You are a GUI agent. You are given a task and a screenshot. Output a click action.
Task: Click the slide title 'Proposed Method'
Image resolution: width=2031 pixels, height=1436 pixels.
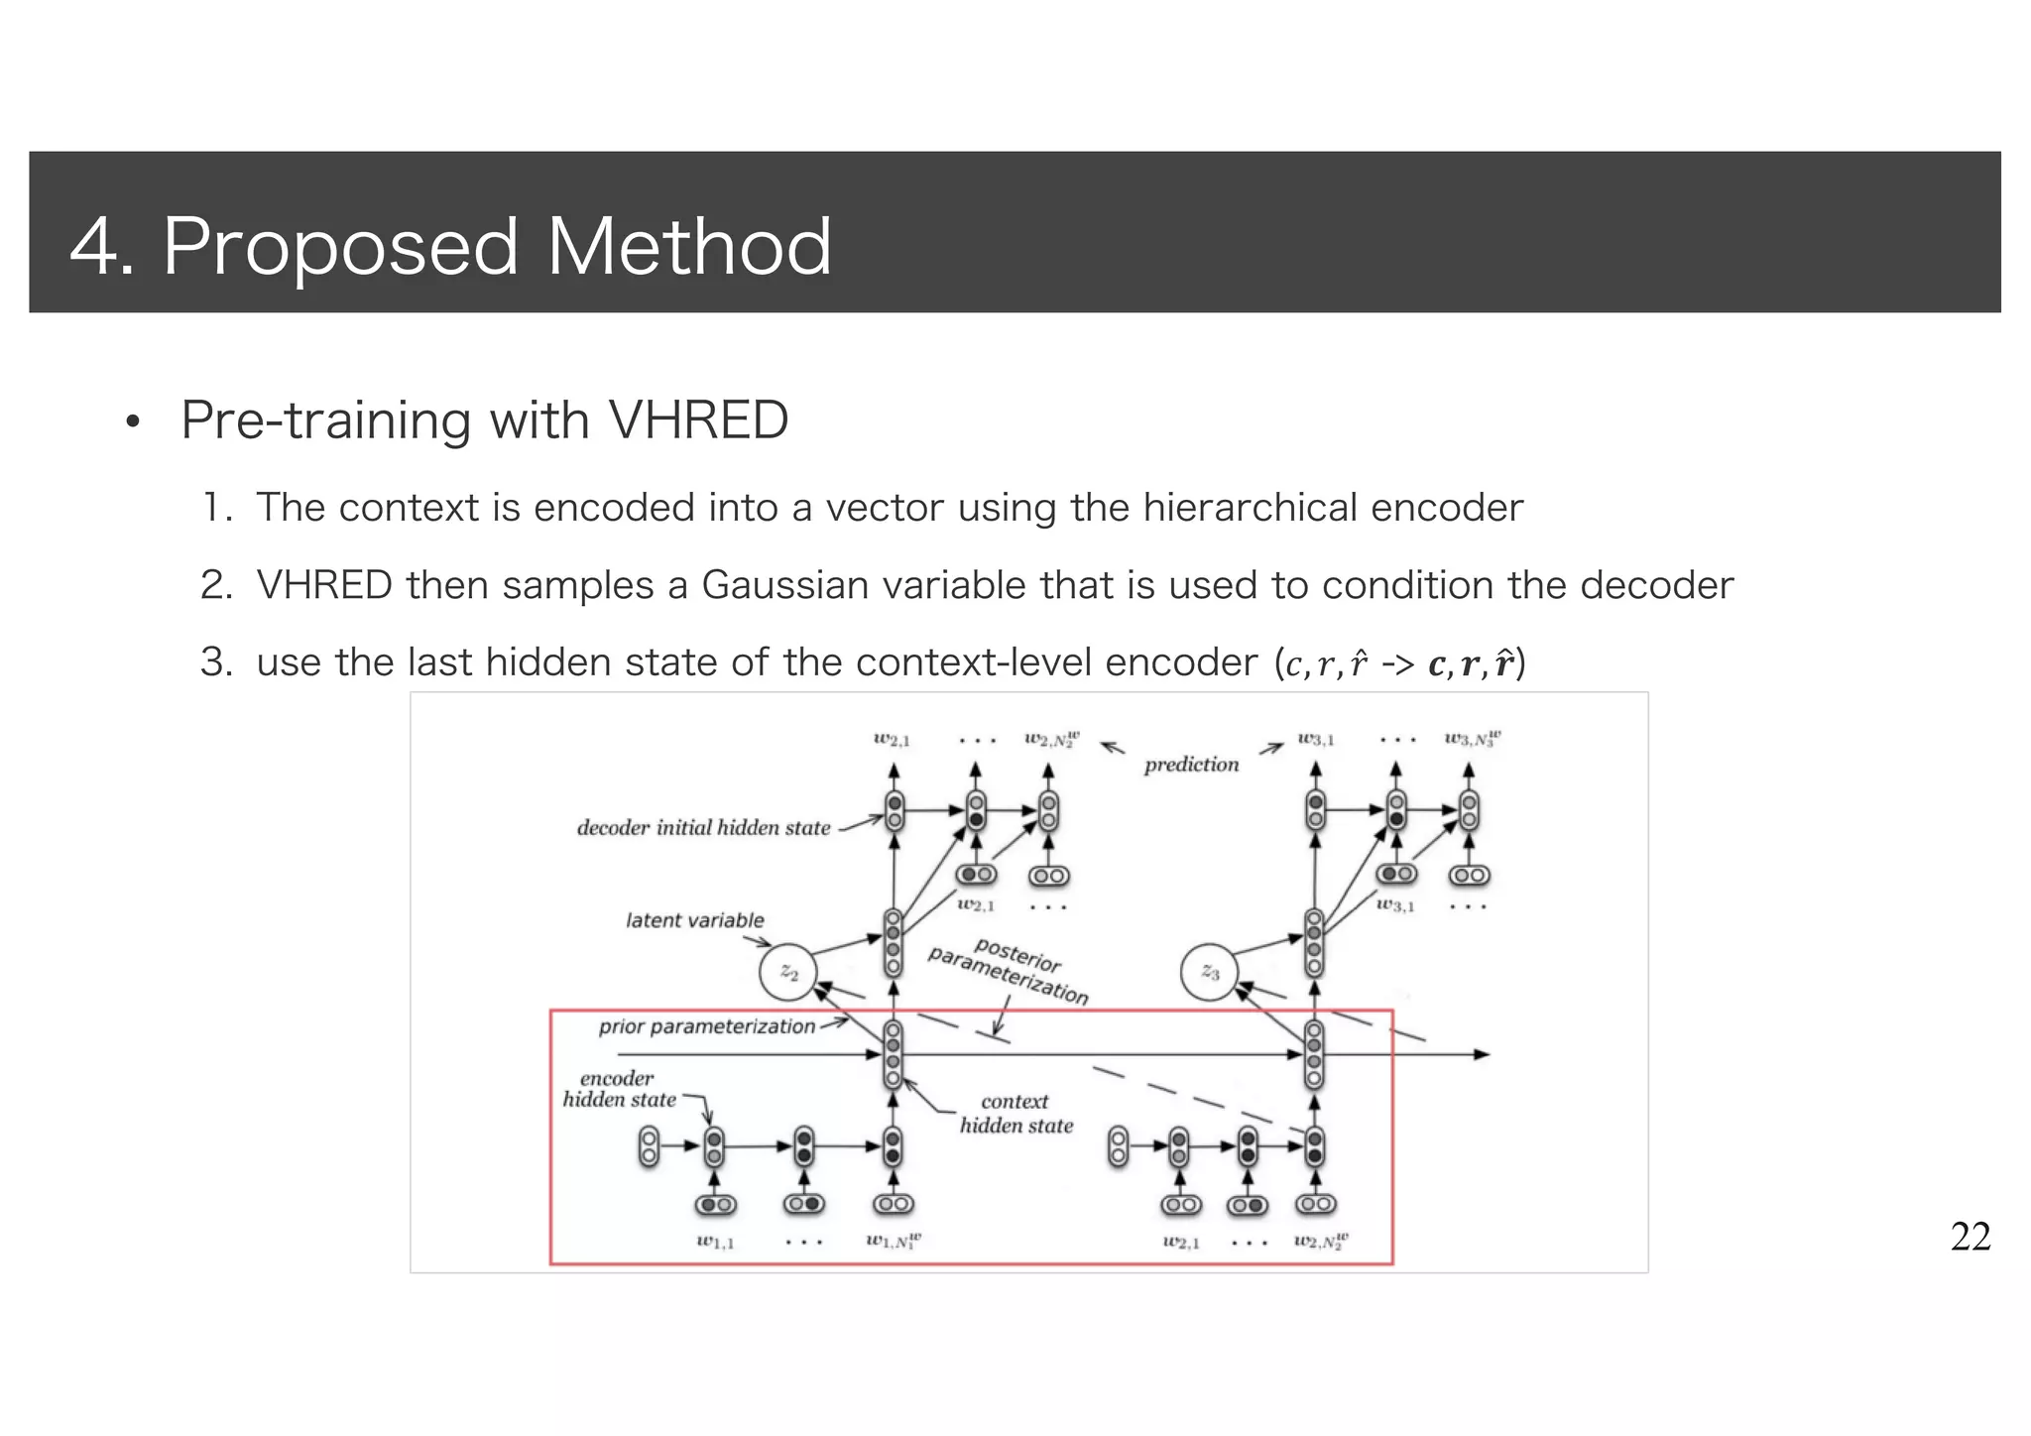tap(496, 246)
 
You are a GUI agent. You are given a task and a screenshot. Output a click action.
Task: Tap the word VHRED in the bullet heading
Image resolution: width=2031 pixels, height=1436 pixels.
tap(697, 420)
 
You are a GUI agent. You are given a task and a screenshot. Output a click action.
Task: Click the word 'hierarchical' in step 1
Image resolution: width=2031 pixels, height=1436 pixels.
tap(1249, 508)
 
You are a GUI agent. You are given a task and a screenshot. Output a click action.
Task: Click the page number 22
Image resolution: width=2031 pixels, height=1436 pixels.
tap(1970, 1237)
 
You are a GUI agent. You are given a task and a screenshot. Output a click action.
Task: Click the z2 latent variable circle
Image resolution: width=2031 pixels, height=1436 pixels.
tap(788, 973)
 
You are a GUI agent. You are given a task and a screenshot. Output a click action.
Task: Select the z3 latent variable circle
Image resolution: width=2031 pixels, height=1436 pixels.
tap(1210, 972)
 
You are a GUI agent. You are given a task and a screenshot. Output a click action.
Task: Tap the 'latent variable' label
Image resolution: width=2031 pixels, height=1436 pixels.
tap(695, 920)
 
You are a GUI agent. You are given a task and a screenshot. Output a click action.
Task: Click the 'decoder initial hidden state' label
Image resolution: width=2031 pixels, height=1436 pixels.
tap(703, 828)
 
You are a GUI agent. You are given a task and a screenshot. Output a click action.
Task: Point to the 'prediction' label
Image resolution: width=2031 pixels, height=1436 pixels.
tap(1191, 765)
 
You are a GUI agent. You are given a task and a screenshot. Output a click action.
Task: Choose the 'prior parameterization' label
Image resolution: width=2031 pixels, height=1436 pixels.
tap(706, 1026)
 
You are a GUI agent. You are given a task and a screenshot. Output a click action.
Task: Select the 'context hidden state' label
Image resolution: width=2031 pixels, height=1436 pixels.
tap(1015, 1114)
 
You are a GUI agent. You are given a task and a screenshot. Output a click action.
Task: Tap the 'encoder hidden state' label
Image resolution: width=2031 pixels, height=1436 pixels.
tap(618, 1089)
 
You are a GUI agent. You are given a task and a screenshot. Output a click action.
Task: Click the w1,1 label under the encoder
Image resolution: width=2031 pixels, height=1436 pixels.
tap(715, 1242)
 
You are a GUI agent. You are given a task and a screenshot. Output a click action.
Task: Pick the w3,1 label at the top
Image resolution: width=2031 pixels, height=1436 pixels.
tap(1316, 739)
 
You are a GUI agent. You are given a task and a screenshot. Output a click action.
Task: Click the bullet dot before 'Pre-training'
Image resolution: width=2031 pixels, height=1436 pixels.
tap(132, 423)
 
